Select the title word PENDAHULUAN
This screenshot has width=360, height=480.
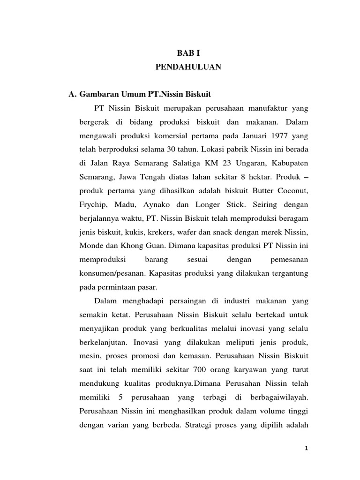point(188,67)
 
